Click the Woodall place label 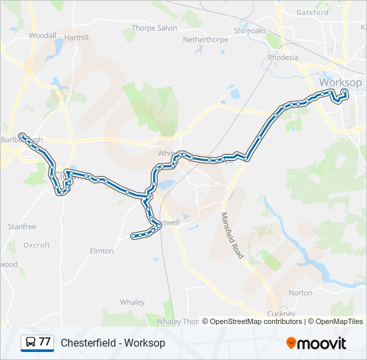pos(42,35)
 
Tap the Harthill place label pos(77,38)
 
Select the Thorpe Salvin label pos(153,28)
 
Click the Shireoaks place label pos(250,31)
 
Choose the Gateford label pos(312,12)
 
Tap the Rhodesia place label pos(283,57)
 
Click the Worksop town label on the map pos(340,82)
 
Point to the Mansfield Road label pos(233,236)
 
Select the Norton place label pos(300,293)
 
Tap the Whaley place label pos(132,302)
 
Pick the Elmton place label pos(101,251)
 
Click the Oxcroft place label pos(37,245)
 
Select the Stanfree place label pos(22,227)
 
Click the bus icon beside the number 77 pos(30,342)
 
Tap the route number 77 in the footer pos(45,342)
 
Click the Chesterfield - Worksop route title pos(113,343)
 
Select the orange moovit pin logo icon pos(292,343)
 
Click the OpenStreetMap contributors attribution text pos(256,321)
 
